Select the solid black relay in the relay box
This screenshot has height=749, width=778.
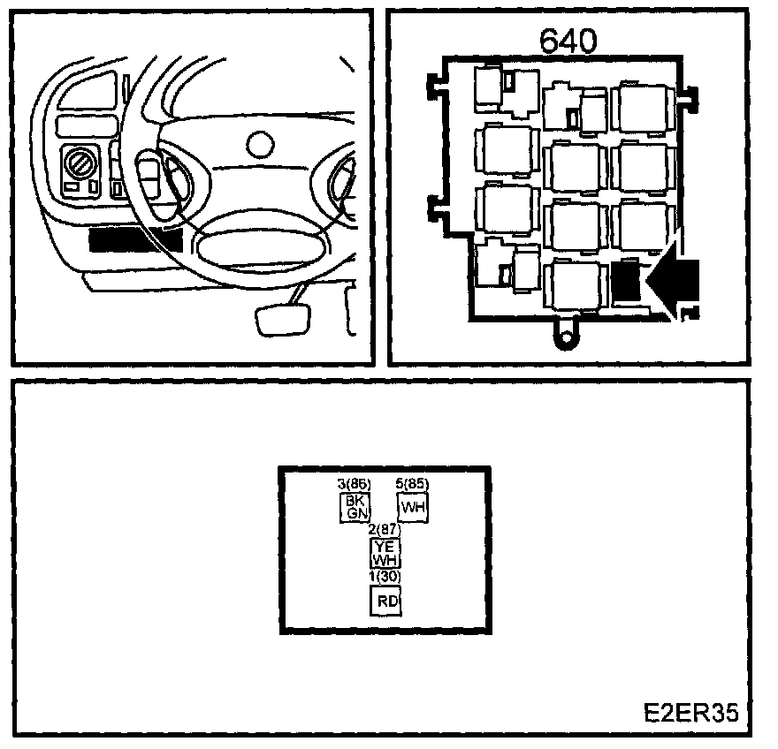(625, 282)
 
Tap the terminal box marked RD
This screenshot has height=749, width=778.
(387, 600)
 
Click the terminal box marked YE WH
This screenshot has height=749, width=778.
(385, 553)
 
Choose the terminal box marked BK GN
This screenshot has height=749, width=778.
(355, 506)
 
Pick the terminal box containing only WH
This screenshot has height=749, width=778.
(413, 508)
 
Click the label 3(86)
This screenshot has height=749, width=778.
(355, 483)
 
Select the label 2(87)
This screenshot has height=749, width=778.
(385, 529)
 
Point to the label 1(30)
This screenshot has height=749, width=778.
(385, 576)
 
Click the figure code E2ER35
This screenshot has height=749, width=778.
(690, 713)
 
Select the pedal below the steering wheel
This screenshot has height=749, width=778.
(282, 319)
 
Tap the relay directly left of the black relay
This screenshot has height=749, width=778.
(576, 284)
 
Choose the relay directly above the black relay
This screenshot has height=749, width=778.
(640, 226)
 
